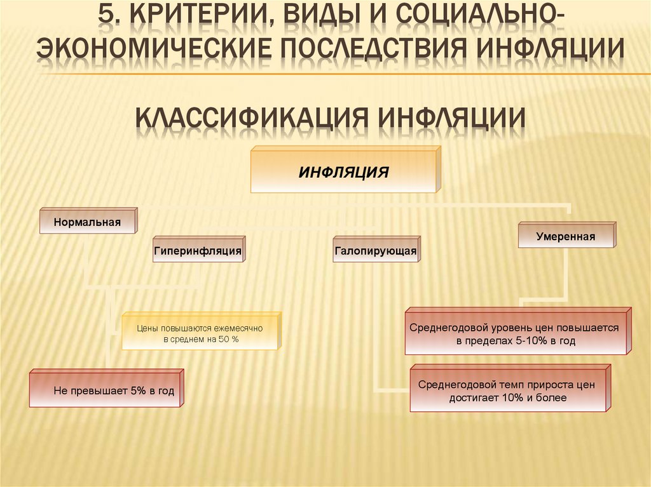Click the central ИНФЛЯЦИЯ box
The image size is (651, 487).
pyautogui.click(x=344, y=171)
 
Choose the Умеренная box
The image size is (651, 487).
pyautogui.click(x=565, y=237)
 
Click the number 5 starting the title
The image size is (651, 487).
pyautogui.click(x=109, y=17)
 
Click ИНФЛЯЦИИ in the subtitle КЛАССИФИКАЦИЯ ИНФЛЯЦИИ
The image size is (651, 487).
pyautogui.click(x=452, y=117)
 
